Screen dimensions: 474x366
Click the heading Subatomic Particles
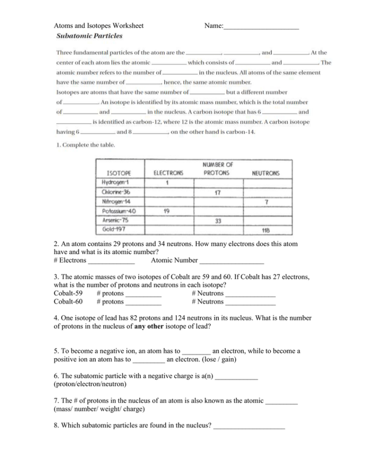89,36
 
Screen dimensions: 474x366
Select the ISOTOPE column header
119,173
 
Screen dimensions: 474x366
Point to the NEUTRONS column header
265,173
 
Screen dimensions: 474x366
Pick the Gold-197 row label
113,229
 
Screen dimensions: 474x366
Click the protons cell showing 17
217,193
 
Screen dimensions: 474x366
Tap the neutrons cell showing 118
266,230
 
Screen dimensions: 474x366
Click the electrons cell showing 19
167,211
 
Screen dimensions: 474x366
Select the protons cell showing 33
218,220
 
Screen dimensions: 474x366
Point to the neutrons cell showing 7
266,202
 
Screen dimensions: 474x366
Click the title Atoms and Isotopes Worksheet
99,25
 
